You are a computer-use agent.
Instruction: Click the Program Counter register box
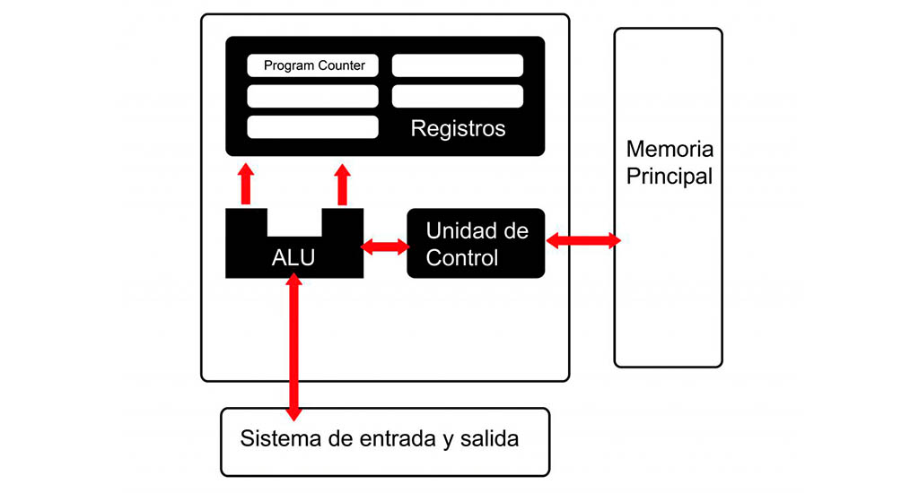(x=312, y=65)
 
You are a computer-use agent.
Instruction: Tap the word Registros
(x=458, y=128)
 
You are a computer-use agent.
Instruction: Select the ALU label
(x=293, y=258)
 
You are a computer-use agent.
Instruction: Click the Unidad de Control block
(x=476, y=244)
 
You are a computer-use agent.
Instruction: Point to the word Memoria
(x=669, y=149)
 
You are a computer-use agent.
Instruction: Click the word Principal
(x=669, y=176)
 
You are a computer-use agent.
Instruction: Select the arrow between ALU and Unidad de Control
(x=385, y=246)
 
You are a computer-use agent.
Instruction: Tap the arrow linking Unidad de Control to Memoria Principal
(x=582, y=240)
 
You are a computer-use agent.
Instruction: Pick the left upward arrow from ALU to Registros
(x=246, y=185)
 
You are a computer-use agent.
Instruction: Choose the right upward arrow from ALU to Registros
(x=342, y=185)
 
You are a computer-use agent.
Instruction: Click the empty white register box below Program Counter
(x=312, y=96)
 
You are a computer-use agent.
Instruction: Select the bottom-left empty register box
(x=312, y=126)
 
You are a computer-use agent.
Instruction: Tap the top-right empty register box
(x=458, y=65)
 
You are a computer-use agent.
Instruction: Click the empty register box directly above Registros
(x=458, y=96)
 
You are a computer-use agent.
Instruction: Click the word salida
(x=489, y=440)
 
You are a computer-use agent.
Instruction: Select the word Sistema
(x=274, y=440)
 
